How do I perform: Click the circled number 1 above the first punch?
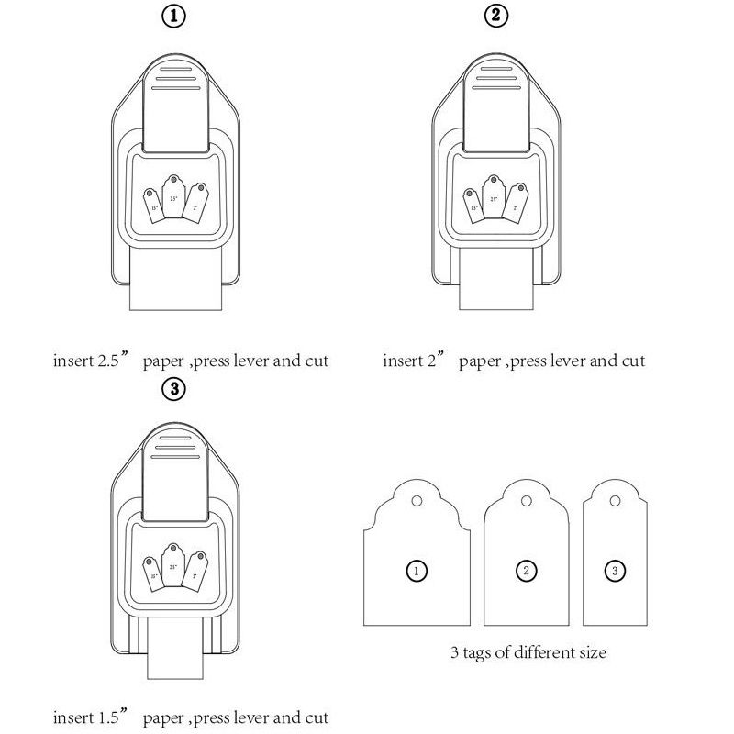pyautogui.click(x=173, y=17)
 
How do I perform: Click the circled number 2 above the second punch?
pyautogui.click(x=495, y=17)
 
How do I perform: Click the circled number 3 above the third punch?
pyautogui.click(x=173, y=389)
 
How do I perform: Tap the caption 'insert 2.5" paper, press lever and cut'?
pyautogui.click(x=190, y=360)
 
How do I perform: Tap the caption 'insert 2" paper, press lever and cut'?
pyautogui.click(x=514, y=360)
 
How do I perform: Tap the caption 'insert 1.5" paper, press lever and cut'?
pyautogui.click(x=190, y=717)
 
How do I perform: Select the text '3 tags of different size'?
pyautogui.click(x=528, y=653)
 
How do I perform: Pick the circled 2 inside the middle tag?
pyautogui.click(x=526, y=571)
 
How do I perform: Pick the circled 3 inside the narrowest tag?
pyautogui.click(x=616, y=571)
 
